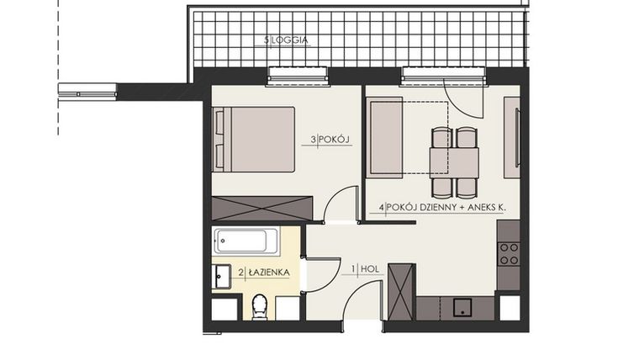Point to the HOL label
coord(369,270)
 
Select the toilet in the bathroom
coord(259,308)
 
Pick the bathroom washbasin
coord(223,275)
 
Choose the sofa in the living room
coord(385,137)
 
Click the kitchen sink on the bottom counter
coord(462,307)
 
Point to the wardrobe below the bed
coord(261,208)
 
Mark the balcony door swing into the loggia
coord(462,101)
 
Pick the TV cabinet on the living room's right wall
coord(510,137)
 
